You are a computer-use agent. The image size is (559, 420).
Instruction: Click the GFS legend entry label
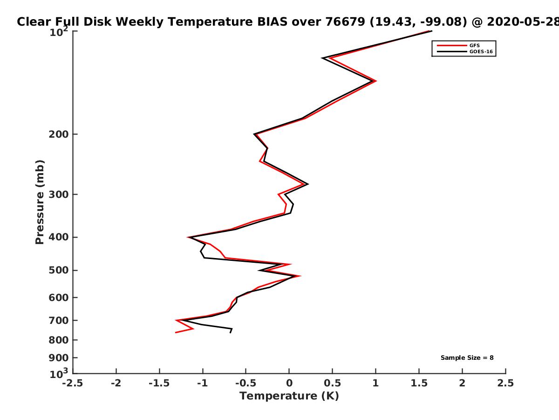pos(475,46)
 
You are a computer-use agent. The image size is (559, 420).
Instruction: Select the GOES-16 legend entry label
pos(481,52)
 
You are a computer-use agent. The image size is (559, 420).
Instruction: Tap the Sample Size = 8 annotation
pos(467,358)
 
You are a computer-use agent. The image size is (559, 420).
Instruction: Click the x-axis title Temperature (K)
pos(289,396)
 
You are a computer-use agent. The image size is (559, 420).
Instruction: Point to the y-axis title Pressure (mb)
pos(40,202)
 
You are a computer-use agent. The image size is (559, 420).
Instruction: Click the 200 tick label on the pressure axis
pos(59,134)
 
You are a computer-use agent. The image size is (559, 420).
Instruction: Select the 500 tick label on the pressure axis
pos(59,270)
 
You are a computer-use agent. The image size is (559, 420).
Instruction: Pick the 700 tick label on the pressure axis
pos(59,321)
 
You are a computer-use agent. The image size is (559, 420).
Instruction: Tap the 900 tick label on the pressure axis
pos(59,358)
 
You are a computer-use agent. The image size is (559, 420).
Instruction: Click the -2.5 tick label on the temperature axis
pos(73,383)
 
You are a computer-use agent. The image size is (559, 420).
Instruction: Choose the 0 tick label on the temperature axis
pos(289,383)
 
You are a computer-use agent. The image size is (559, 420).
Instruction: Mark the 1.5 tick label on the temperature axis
pos(419,383)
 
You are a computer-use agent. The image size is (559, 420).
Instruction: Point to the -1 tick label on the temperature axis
pos(203,383)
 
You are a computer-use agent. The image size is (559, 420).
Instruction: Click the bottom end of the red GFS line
pos(176,333)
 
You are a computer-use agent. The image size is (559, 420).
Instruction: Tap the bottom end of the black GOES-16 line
pos(230,333)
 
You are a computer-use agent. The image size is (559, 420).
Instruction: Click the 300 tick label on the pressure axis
pos(59,195)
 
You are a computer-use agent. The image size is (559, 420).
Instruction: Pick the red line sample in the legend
pos(452,46)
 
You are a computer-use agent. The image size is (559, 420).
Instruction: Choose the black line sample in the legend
pos(452,52)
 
